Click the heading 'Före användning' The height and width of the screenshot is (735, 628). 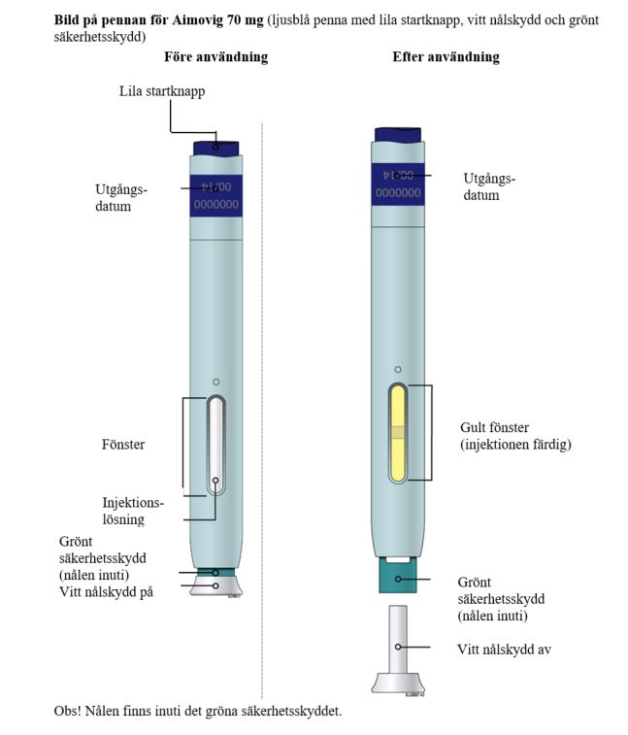(216, 57)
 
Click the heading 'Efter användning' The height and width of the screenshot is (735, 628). (446, 57)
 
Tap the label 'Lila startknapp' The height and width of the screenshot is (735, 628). (162, 91)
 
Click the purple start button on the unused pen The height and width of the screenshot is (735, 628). (216, 149)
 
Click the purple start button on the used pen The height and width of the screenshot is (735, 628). (398, 135)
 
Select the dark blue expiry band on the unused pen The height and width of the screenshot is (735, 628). (216, 196)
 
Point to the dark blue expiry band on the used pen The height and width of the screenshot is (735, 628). (398, 184)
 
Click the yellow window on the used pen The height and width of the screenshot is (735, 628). (398, 433)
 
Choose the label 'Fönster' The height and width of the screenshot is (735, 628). (123, 445)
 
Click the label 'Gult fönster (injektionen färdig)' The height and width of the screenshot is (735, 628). (515, 436)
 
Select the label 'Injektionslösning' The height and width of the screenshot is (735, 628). (133, 511)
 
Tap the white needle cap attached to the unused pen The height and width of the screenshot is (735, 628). (216, 585)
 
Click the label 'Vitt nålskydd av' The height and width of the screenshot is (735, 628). (505, 650)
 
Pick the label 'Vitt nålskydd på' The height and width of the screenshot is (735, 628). (107, 592)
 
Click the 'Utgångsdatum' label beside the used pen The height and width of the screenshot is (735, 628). (489, 186)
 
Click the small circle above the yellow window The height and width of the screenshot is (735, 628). (398, 370)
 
